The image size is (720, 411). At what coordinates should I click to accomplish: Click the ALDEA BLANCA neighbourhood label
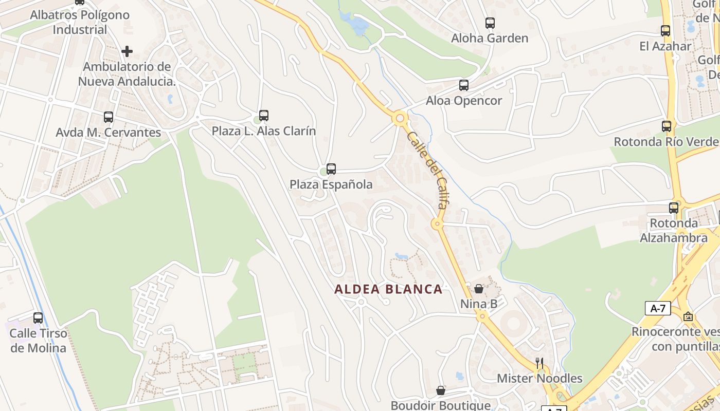(388, 289)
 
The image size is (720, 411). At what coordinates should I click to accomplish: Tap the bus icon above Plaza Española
(331, 169)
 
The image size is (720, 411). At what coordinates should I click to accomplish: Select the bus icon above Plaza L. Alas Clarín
(264, 116)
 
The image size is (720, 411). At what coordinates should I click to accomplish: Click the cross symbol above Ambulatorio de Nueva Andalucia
(127, 51)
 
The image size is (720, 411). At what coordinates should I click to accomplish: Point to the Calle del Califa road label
(426, 170)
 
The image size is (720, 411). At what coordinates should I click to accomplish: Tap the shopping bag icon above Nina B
(479, 289)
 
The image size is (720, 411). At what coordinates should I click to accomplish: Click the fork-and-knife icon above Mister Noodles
(539, 363)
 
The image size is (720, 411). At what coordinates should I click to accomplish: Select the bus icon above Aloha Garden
(490, 23)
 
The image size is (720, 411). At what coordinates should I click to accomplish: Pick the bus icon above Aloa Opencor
(464, 85)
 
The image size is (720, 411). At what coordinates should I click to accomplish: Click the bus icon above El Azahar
(665, 31)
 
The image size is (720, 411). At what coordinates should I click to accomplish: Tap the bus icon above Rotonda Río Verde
(667, 126)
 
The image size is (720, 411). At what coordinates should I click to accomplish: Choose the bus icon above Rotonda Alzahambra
(674, 208)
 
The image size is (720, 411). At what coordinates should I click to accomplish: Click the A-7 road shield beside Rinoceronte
(658, 308)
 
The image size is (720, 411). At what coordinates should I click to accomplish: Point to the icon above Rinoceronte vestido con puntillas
(688, 316)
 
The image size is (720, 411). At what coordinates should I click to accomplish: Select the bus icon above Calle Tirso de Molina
(38, 318)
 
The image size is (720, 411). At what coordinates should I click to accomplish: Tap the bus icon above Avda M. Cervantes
(109, 117)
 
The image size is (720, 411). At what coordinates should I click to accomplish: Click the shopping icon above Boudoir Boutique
(441, 390)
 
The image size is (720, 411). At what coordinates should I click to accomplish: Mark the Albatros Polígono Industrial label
(80, 22)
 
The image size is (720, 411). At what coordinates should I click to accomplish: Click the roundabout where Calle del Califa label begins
(400, 119)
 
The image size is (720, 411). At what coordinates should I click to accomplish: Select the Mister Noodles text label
(539, 379)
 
